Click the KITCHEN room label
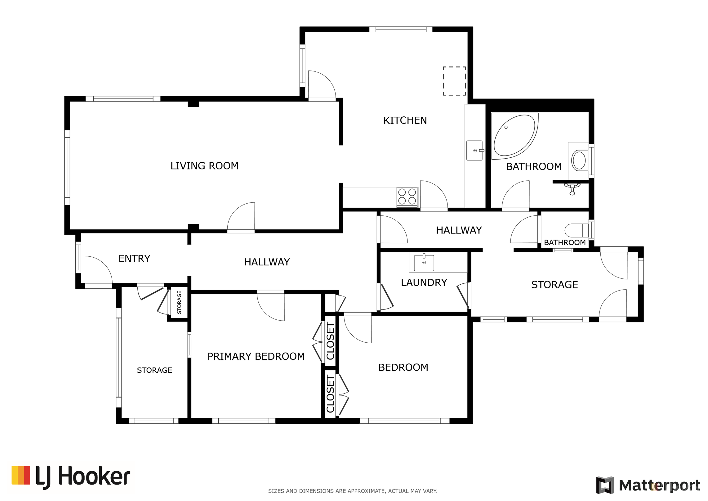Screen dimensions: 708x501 (x=405, y=120)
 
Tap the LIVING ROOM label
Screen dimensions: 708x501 (x=204, y=166)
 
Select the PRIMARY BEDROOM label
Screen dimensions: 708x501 (x=256, y=356)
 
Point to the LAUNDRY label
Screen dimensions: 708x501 (x=424, y=282)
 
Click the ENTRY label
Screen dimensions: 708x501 (x=134, y=259)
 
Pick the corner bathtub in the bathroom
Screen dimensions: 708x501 (x=514, y=136)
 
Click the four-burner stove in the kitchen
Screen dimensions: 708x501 (x=407, y=197)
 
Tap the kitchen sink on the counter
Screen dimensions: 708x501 (x=475, y=151)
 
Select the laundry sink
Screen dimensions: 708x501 (x=424, y=263)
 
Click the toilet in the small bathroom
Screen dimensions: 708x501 (x=577, y=231)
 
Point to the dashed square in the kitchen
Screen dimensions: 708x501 (x=454, y=81)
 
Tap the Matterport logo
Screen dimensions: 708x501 (x=648, y=485)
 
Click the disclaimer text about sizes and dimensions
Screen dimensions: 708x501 (x=353, y=491)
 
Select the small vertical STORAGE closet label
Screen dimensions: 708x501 (x=179, y=302)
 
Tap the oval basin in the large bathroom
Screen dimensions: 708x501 (x=579, y=160)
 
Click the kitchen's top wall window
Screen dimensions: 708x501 (x=401, y=29)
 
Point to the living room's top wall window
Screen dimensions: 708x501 (x=123, y=99)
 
